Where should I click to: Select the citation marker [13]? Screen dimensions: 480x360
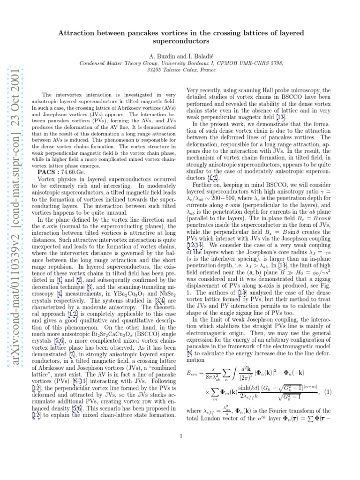[x=282, y=117]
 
